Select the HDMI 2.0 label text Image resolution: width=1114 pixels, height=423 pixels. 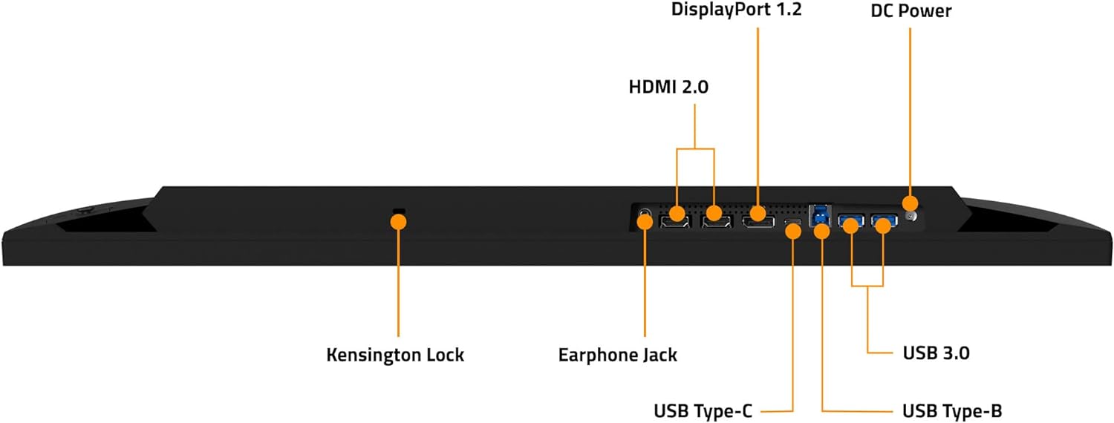click(x=668, y=87)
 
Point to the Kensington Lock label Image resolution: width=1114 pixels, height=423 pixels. click(x=395, y=355)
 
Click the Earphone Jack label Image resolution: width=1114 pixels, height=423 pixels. click(x=618, y=355)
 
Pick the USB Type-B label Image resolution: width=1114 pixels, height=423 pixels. click(x=953, y=410)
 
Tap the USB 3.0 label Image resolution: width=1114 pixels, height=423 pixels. click(x=936, y=353)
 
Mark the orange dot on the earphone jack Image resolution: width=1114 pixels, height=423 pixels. click(x=645, y=220)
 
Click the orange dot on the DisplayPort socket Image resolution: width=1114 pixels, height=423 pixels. click(x=758, y=214)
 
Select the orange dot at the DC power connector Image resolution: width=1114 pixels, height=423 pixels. click(x=909, y=202)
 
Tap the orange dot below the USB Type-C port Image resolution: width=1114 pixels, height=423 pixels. click(x=793, y=231)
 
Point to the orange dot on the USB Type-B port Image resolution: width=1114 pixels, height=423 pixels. click(x=821, y=231)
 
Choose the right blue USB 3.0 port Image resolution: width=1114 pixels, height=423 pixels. click(x=883, y=220)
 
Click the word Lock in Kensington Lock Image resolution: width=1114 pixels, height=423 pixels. click(x=443, y=355)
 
